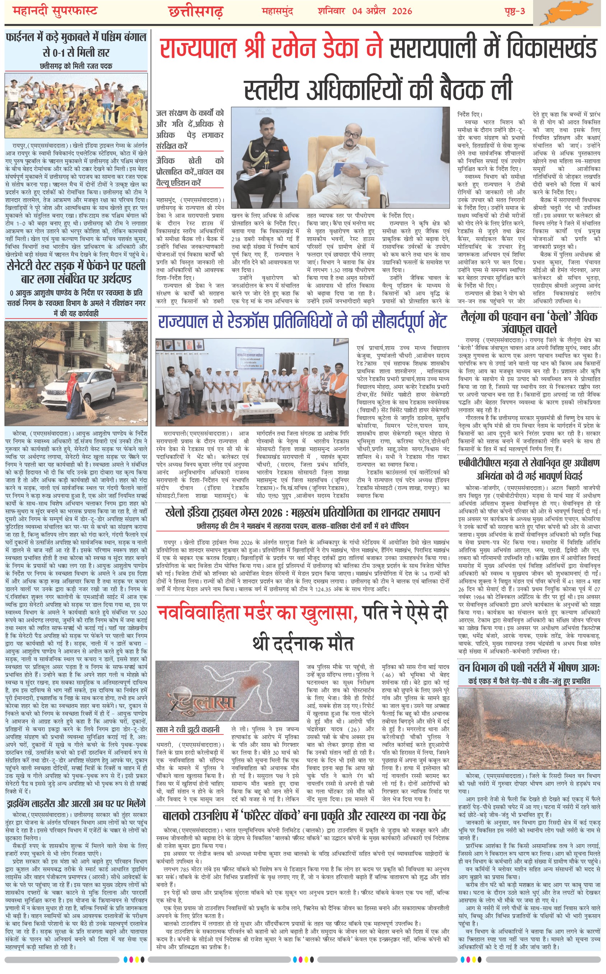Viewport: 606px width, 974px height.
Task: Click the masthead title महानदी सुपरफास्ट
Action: pyautogui.click(x=55, y=11)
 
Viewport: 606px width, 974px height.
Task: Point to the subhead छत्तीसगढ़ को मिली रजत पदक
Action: pyautogui.click(x=76, y=66)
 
